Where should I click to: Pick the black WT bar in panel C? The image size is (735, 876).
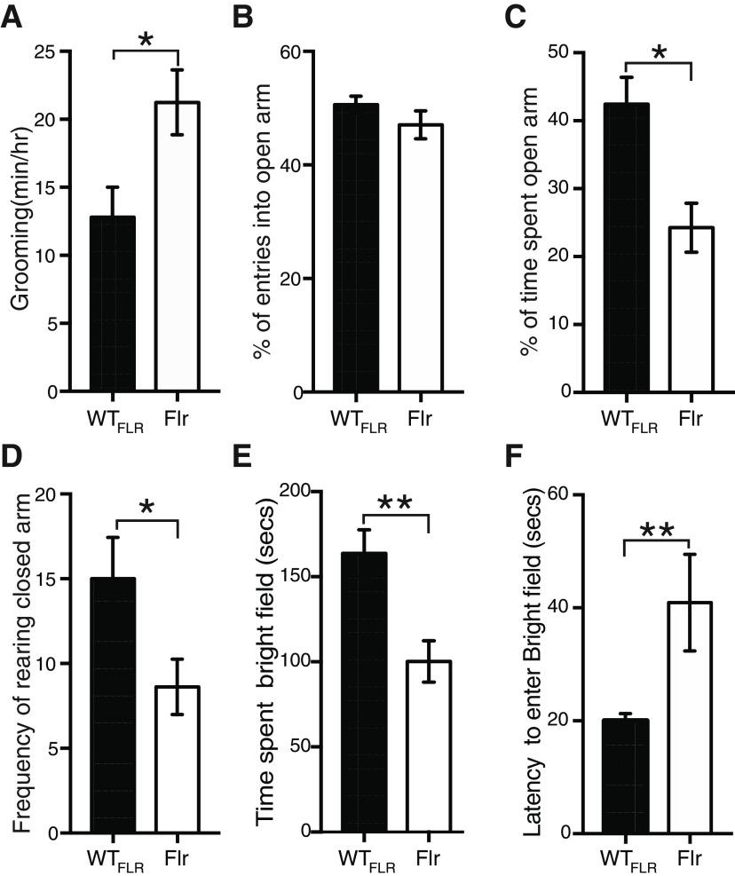626,248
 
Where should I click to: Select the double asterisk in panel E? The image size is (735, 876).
396,503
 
